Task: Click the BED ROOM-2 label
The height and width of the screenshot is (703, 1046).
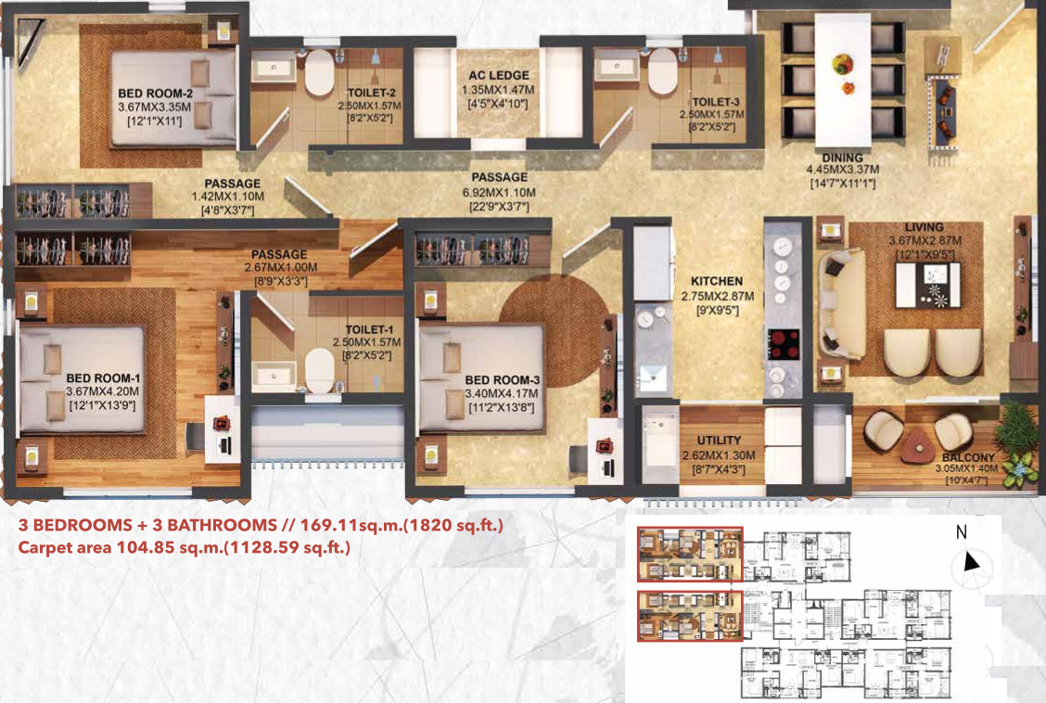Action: [x=155, y=94]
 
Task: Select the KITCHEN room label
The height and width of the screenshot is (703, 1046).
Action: [x=717, y=280]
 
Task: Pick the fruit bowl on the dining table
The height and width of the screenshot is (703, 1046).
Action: [x=844, y=65]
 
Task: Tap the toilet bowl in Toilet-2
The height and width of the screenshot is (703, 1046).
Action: [x=320, y=73]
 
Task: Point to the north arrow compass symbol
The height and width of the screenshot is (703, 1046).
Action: [x=972, y=562]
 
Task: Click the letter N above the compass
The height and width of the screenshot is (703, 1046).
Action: [x=962, y=532]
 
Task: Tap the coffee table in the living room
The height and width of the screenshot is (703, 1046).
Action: [x=927, y=286]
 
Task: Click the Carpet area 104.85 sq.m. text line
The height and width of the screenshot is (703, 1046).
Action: [x=185, y=548]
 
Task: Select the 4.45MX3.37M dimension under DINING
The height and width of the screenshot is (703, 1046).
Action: [x=842, y=171]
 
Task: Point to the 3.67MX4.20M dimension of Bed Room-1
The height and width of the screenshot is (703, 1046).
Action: [x=102, y=393]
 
